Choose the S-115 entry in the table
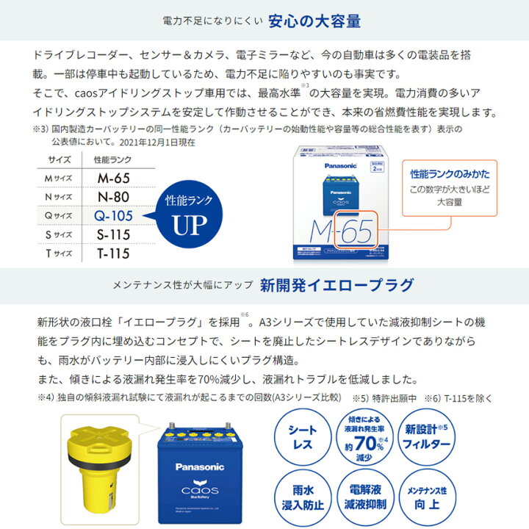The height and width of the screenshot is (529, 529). click(112, 235)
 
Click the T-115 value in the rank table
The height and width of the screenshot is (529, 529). click(112, 254)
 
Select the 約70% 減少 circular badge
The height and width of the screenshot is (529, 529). click(364, 438)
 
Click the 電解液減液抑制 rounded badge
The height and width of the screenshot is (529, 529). click(364, 497)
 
